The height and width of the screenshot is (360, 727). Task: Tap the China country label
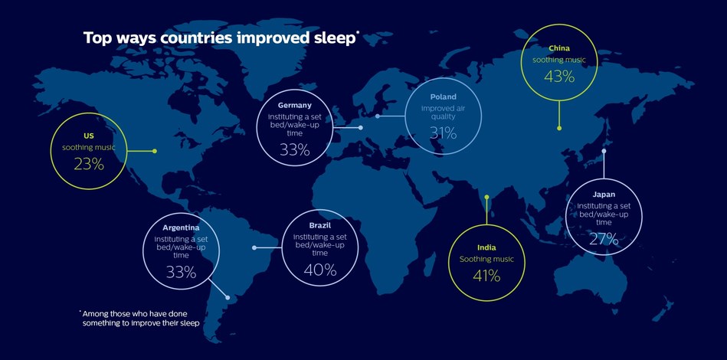coord(559,48)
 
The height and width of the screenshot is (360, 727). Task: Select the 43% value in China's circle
coord(558,77)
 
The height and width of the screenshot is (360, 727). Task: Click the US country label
coord(89,135)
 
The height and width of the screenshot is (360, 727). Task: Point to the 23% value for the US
coord(89,162)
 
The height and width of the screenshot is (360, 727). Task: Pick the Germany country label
coord(294,105)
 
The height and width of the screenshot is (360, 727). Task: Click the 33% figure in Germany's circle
coord(294,150)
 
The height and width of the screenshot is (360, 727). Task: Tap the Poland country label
coord(443,97)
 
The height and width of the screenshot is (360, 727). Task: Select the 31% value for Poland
coord(443,133)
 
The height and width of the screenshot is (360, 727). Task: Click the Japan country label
coord(604,195)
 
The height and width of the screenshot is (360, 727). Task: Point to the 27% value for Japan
coord(604,238)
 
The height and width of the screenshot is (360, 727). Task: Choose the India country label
coord(486,247)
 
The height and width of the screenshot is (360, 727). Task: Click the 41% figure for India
coord(486,276)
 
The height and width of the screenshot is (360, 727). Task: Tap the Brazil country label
coord(319,226)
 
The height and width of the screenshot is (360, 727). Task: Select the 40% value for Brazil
coord(319,270)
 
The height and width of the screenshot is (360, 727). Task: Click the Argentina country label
coord(181,227)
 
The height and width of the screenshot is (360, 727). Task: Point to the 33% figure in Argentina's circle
coord(181,272)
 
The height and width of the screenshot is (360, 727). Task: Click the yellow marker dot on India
coord(486,196)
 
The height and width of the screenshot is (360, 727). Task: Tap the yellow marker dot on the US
coord(155,151)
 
